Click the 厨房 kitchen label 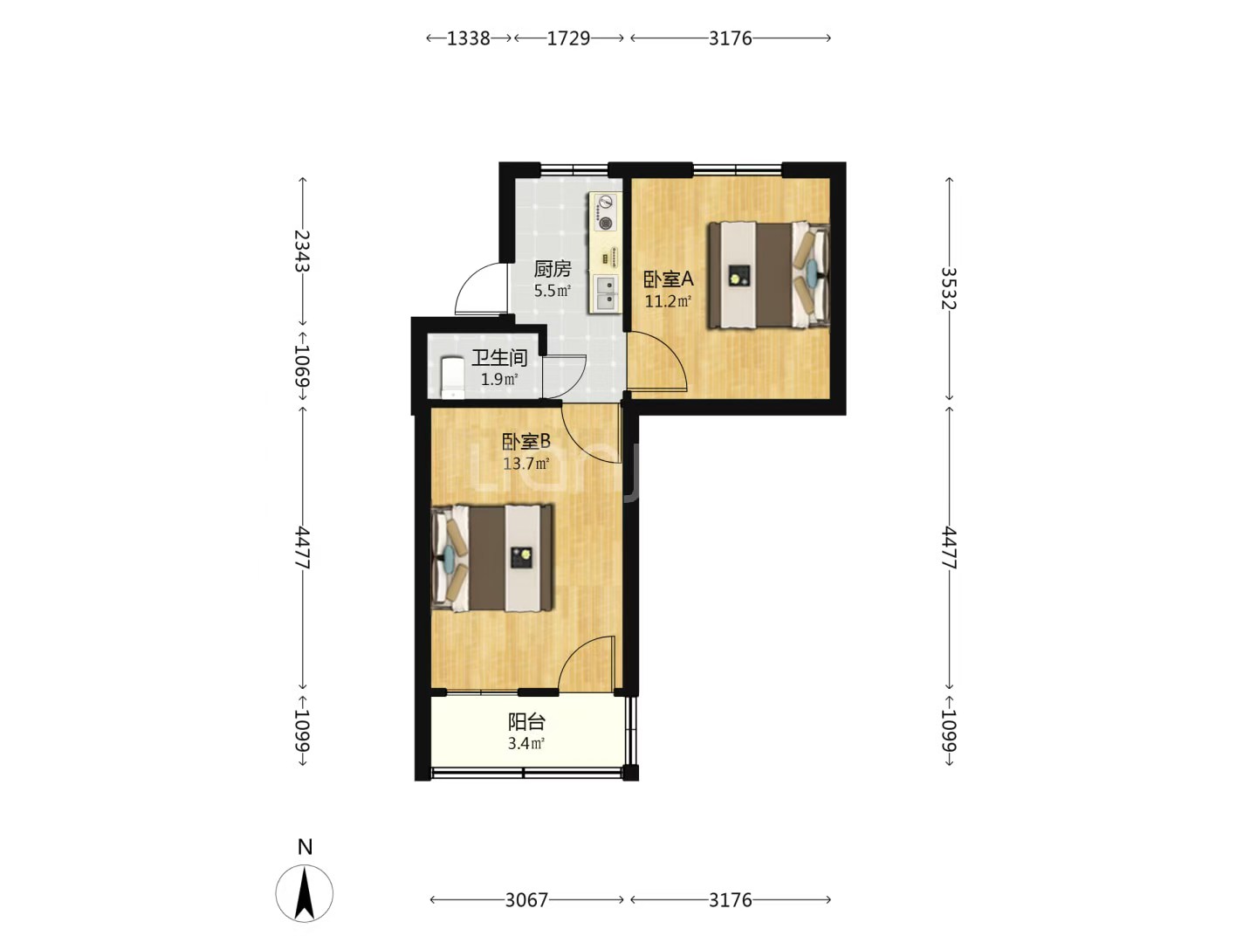pos(552,269)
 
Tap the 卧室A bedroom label pos(669,279)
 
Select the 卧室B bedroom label pos(526,442)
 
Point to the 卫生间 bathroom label pos(498,358)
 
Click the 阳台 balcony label pos(526,722)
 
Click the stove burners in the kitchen pos(605,212)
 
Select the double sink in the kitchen pos(605,293)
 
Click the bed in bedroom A pos(769,275)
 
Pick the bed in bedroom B pos(492,558)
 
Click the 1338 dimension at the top pos(469,38)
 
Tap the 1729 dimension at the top pos(568,38)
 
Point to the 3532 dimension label pos(949,288)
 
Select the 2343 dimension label pos(302,251)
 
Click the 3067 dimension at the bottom pos(526,900)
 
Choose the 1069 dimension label pos(302,365)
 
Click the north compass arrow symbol pos(304,893)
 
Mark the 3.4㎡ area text pos(526,744)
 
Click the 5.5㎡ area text pos(552,290)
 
